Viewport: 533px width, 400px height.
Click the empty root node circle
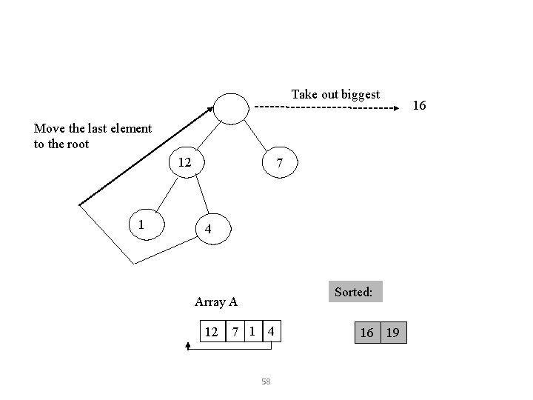(x=232, y=108)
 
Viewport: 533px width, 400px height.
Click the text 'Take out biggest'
(x=335, y=94)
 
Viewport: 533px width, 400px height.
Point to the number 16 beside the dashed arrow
(x=418, y=106)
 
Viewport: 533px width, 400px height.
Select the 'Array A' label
(x=215, y=301)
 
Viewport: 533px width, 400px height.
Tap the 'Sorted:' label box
(x=353, y=292)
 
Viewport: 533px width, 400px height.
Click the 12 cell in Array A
(x=212, y=332)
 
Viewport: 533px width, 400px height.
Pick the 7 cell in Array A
(x=235, y=332)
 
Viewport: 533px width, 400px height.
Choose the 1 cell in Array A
(x=253, y=331)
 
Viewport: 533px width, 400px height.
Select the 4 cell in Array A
(x=272, y=332)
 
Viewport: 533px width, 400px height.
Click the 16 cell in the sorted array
(x=367, y=333)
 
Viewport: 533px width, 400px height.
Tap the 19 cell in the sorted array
(x=393, y=333)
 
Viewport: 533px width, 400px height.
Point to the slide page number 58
(x=266, y=381)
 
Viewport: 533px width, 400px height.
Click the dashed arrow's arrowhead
(x=395, y=108)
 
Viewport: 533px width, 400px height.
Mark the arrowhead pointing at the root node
(x=211, y=110)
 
